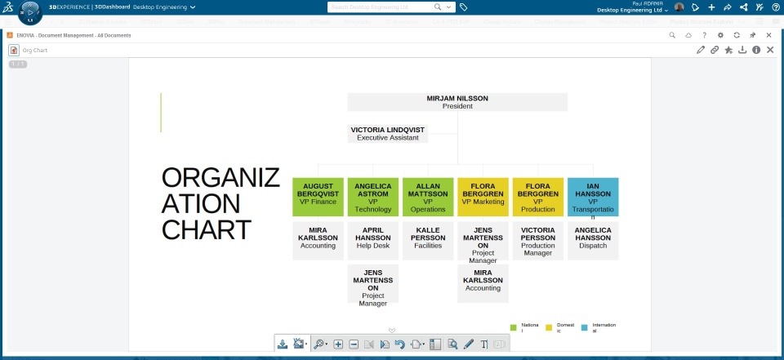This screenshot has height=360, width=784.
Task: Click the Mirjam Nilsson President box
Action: [x=457, y=102]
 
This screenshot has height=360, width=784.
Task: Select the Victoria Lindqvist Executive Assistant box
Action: [x=388, y=134]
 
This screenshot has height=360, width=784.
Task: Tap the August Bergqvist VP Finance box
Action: [x=318, y=197]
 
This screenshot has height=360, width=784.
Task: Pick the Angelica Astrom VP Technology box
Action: [x=373, y=197]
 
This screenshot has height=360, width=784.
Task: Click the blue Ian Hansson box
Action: [x=593, y=197]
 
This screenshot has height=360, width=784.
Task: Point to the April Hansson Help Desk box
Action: [x=373, y=240]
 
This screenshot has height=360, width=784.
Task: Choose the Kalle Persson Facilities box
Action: [x=428, y=240]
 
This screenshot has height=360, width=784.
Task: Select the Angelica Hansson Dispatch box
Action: [x=593, y=240]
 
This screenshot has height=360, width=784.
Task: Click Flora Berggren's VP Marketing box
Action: [x=483, y=197]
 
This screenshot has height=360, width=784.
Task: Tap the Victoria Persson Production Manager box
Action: [x=538, y=240]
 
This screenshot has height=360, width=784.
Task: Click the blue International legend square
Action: [x=585, y=328]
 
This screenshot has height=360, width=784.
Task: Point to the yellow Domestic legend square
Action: [x=550, y=328]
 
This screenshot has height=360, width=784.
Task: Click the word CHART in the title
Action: [x=206, y=229]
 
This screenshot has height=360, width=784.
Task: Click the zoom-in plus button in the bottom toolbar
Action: [x=338, y=344]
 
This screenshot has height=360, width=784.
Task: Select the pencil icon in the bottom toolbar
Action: [x=468, y=344]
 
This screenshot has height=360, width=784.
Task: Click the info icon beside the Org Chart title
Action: [x=756, y=50]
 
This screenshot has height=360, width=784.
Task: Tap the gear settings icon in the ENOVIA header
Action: [x=720, y=36]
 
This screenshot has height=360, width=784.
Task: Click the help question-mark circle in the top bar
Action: [x=775, y=7]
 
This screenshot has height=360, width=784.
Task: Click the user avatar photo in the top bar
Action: [x=679, y=7]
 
